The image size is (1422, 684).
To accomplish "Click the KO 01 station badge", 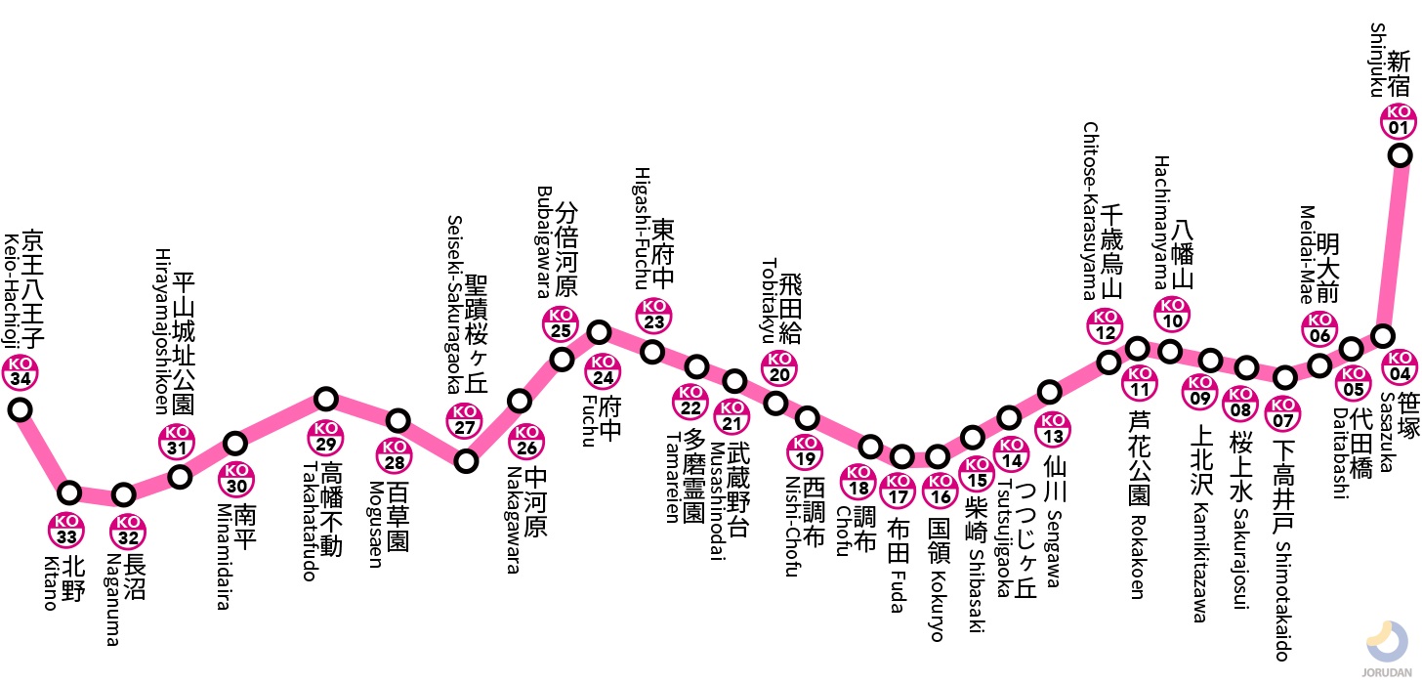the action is tap(1399, 120).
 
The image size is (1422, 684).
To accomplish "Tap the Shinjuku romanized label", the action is tap(1377, 60).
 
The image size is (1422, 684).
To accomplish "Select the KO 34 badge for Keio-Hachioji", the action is tap(21, 372).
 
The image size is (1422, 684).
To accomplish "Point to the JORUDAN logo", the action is tap(1387, 649).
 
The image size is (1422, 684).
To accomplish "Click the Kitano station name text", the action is tap(52, 583).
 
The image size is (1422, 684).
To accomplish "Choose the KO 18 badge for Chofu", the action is tap(858, 481).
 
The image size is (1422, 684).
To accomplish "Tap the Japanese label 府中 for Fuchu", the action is tap(610, 418).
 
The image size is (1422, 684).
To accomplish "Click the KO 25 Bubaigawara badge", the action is tap(561, 323).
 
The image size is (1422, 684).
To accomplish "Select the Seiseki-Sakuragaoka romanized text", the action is tap(454, 304).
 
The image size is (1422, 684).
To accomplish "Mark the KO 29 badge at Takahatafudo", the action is tap(325, 437).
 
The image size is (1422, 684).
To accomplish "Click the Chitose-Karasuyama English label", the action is tap(1091, 211).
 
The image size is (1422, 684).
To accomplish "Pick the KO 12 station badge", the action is tap(1106, 325).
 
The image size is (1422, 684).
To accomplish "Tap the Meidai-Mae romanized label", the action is tap(1307, 254).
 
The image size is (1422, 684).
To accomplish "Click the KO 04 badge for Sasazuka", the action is tap(1400, 366).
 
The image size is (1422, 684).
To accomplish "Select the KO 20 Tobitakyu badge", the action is tap(779, 367).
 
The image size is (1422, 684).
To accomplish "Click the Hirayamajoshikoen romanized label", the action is tap(163, 331).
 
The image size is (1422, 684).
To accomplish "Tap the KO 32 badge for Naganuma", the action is tap(128, 531).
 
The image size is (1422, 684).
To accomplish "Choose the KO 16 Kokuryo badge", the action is tap(941, 490).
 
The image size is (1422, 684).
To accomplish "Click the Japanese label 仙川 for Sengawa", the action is tap(1055, 480).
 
